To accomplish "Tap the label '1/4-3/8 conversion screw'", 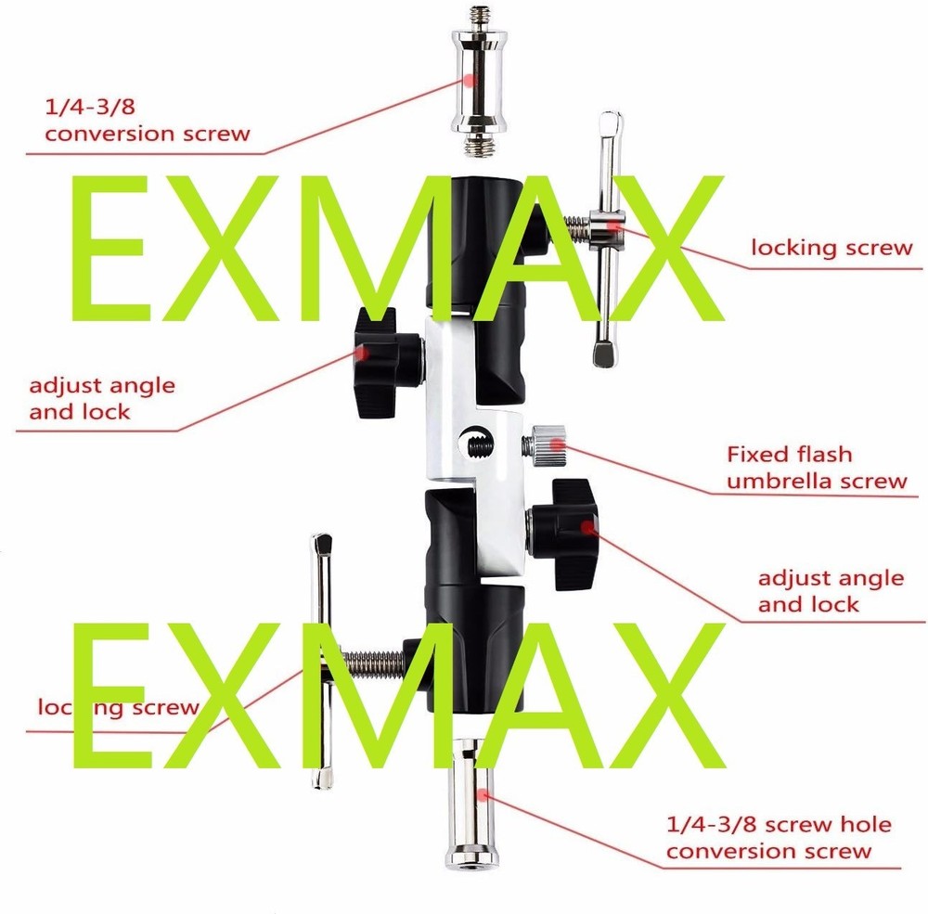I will (x=148, y=120).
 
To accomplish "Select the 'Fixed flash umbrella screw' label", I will (x=816, y=467).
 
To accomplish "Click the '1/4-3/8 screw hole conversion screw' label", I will (x=779, y=837).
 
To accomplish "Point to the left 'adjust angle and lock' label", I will (x=101, y=397).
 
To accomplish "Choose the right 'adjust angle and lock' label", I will (x=830, y=591).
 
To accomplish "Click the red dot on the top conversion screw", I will (x=471, y=81).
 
